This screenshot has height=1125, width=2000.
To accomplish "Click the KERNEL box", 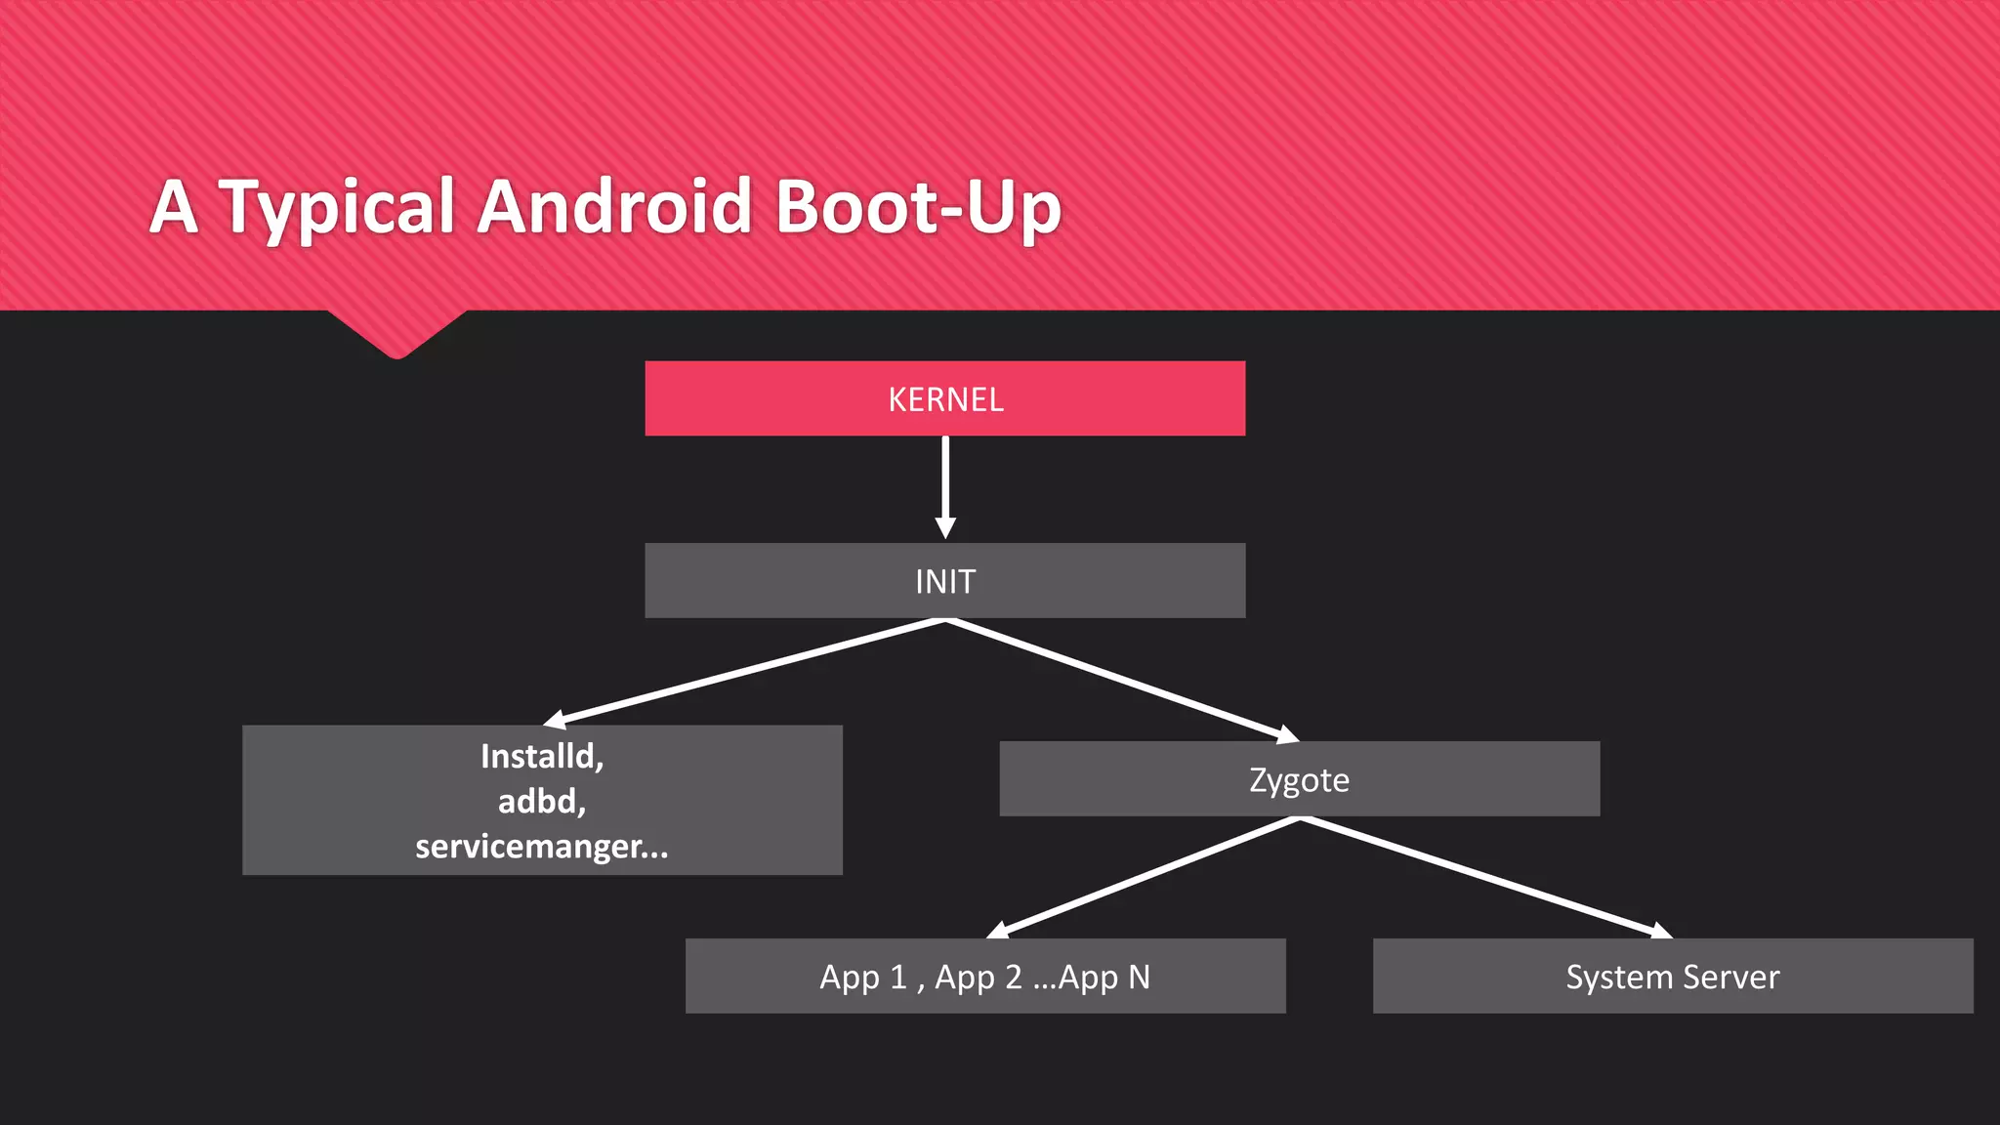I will pos(944,398).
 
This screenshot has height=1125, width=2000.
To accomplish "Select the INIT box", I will pos(944,581).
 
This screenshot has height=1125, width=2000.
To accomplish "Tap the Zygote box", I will pos(1299,779).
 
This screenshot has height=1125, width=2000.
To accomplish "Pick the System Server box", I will pos(1672,977).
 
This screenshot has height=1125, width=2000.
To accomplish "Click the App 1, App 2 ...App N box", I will pos(984,977).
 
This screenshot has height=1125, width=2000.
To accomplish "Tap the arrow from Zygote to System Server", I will pos(1484,877).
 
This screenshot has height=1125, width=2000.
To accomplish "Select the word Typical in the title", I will pos(337,207).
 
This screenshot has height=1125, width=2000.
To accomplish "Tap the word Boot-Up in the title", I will pos(918,207).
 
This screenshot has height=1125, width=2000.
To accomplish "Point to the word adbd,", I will pos(542,802).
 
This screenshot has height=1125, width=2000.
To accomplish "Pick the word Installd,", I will pos(542,757).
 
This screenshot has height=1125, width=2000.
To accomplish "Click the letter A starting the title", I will pos(174,207).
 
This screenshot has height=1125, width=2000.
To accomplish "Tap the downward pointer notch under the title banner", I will pos(396,337).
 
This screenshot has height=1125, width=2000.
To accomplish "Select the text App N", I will pos(1104,977).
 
